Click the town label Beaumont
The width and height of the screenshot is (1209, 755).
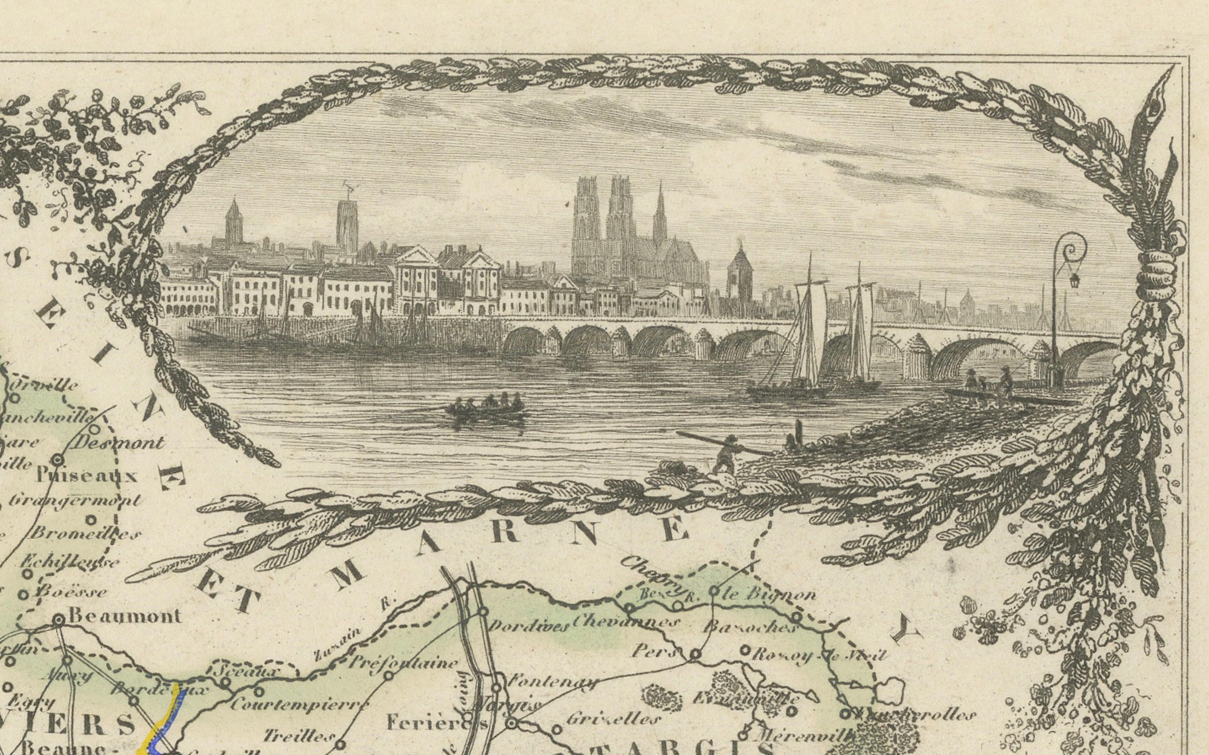pos(125,616)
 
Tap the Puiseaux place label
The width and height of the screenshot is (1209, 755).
pos(87,475)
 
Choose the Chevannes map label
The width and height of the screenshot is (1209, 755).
pos(626,622)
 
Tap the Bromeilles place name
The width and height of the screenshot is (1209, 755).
pos(85,534)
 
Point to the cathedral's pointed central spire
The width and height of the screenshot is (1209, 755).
pos(660,210)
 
